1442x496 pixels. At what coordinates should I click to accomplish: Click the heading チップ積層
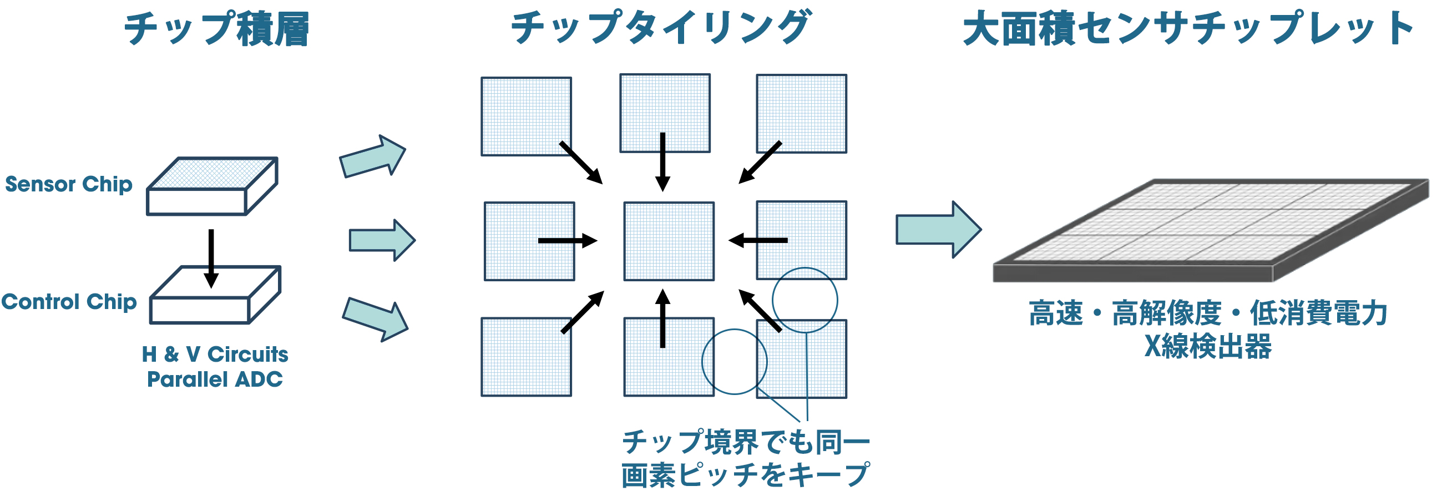click(216, 29)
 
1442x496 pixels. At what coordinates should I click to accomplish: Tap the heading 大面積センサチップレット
click(1187, 29)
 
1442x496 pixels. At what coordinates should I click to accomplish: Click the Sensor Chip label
click(69, 184)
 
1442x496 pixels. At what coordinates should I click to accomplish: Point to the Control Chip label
click(69, 302)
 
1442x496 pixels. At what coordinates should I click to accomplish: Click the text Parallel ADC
click(215, 379)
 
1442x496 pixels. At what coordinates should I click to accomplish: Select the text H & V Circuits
click(215, 355)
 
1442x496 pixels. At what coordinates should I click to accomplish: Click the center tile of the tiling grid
click(669, 241)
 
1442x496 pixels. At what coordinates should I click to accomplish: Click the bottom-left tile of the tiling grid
click(526, 357)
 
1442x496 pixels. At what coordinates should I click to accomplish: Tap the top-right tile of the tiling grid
click(802, 114)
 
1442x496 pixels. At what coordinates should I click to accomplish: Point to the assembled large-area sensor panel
click(1209, 230)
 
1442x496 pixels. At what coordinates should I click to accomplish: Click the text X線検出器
click(1208, 347)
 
